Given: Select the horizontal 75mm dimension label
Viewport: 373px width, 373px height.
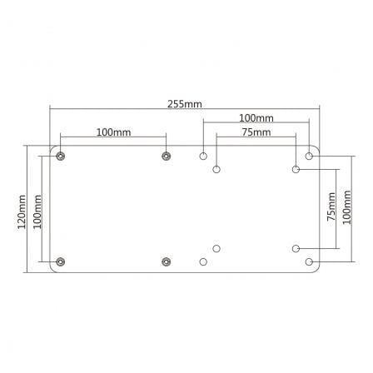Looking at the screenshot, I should (x=256, y=132).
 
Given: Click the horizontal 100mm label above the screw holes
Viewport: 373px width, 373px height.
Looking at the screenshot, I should (x=112, y=132).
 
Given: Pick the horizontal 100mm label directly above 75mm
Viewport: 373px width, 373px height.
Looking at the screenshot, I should (x=256, y=118).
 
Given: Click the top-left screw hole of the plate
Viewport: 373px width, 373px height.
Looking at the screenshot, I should (x=59, y=155).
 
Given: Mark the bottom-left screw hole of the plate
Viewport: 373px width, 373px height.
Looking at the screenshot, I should (x=59, y=262).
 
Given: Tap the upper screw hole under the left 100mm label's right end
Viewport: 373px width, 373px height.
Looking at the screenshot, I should (x=167, y=155).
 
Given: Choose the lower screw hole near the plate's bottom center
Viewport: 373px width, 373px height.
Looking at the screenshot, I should (x=167, y=262).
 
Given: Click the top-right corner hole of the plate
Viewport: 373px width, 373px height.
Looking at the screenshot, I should (x=310, y=155).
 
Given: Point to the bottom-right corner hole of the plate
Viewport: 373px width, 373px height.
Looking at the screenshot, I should (x=310, y=262).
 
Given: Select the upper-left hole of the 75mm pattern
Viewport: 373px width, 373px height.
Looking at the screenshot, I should (x=216, y=169).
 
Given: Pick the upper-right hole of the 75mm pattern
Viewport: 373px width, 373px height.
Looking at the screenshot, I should (x=296, y=169).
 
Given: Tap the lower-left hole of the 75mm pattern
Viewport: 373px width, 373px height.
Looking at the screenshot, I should (x=216, y=248).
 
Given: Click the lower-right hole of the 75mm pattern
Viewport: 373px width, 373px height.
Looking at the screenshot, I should (x=296, y=248).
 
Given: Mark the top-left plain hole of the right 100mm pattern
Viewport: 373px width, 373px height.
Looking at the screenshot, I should (x=203, y=155).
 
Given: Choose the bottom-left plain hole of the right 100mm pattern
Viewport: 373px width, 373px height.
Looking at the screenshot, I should (x=203, y=262).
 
